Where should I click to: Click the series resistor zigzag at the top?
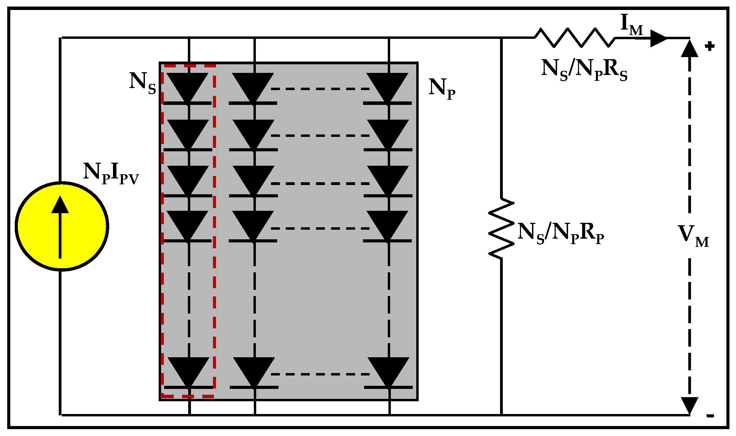tap(575, 37)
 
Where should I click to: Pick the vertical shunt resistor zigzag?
tap(501, 228)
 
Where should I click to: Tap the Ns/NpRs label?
tap(584, 70)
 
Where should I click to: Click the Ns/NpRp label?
tap(561, 233)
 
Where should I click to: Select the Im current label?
tap(632, 25)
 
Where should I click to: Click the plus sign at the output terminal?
tap(710, 46)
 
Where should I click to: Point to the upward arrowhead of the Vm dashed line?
tap(690, 49)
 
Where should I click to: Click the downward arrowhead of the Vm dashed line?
tap(690, 405)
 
